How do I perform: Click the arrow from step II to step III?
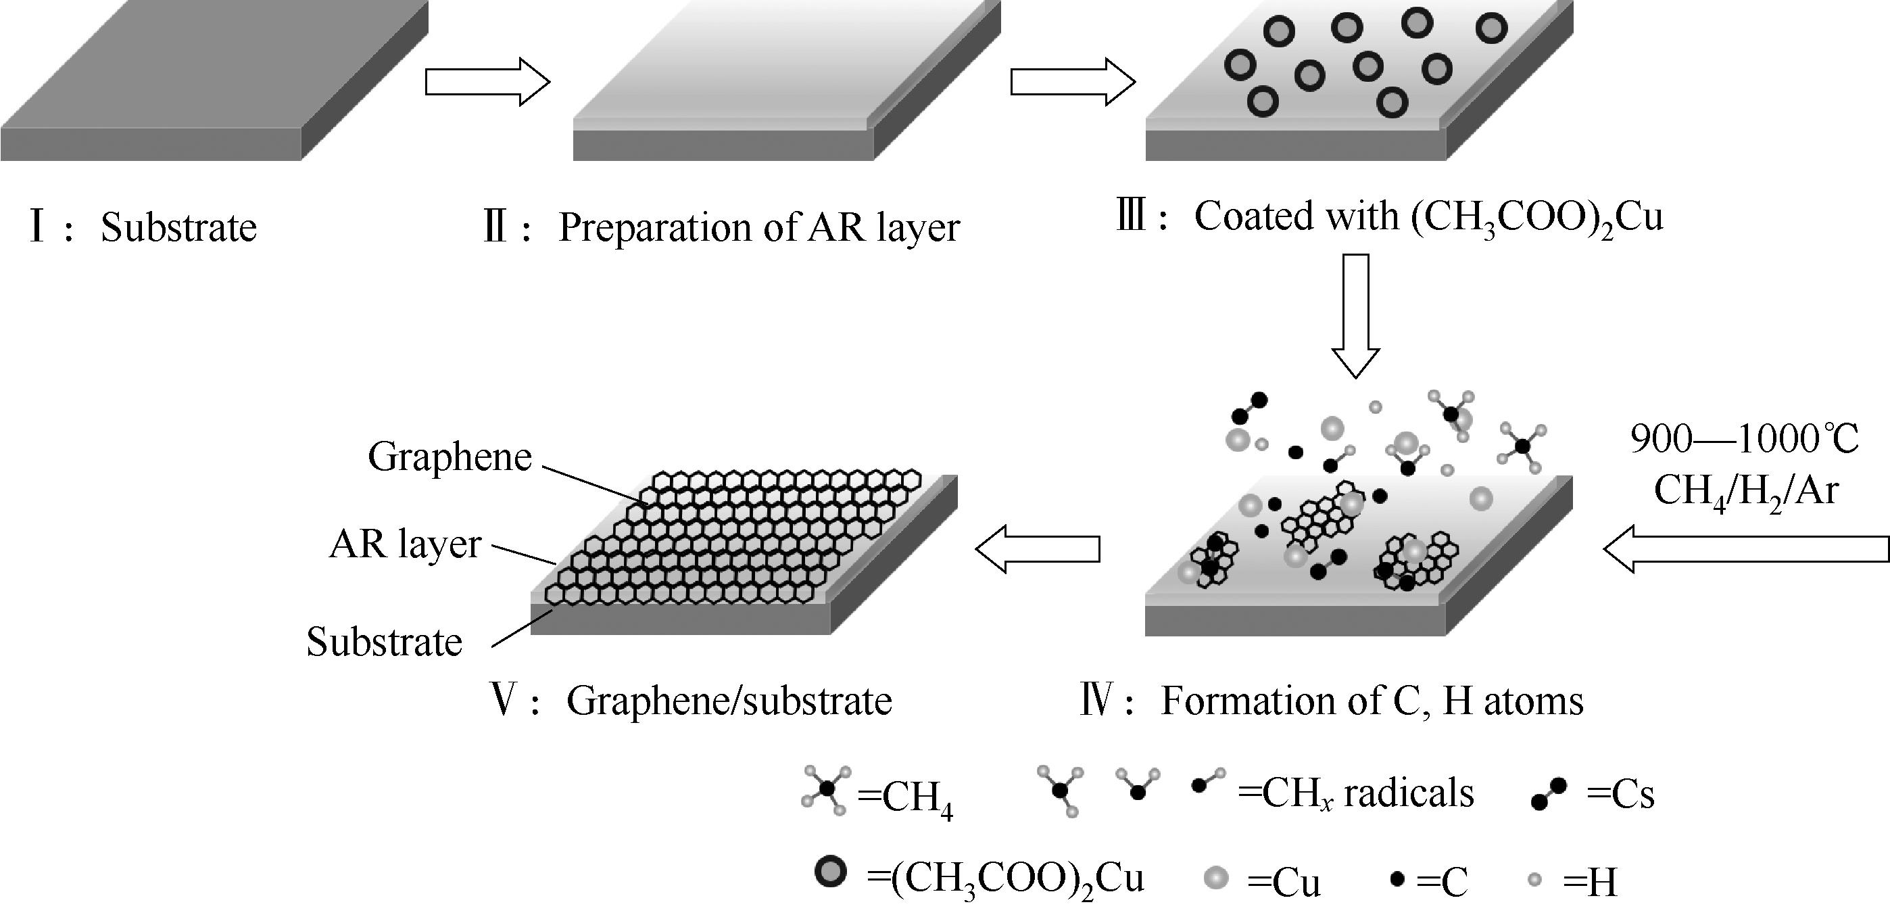coord(1072,83)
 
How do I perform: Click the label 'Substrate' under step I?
coord(178,227)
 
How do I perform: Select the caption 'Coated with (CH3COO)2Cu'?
coord(1428,216)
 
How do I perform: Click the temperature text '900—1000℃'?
coord(1744,440)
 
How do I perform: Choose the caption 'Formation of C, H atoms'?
coord(1372,701)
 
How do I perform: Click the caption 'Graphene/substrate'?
coord(729,701)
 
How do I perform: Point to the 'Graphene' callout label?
coord(449,456)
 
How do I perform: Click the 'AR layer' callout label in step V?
coord(405,544)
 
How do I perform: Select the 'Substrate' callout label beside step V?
coord(384,641)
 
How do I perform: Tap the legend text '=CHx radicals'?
coord(1355,793)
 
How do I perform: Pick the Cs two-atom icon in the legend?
coord(1548,794)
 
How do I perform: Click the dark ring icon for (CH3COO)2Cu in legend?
coord(831,872)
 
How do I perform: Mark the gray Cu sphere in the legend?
coord(1216,878)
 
